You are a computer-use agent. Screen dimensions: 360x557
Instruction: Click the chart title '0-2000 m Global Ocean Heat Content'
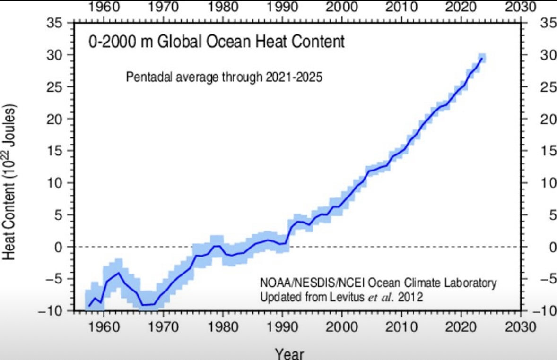pos(217,42)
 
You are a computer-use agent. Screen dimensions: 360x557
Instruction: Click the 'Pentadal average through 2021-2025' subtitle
pos(224,77)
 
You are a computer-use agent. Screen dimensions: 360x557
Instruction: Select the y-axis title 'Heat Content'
pos(10,181)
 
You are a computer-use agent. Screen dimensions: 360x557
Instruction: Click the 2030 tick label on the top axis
pos(520,7)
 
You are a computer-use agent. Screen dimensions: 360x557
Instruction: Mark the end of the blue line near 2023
pos(481,59)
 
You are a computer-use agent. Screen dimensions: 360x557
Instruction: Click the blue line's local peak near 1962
pos(119,273)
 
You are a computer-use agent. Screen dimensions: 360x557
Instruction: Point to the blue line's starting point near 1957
pos(89,306)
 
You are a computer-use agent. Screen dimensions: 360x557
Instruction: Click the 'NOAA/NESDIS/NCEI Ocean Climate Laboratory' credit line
pos(378,283)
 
